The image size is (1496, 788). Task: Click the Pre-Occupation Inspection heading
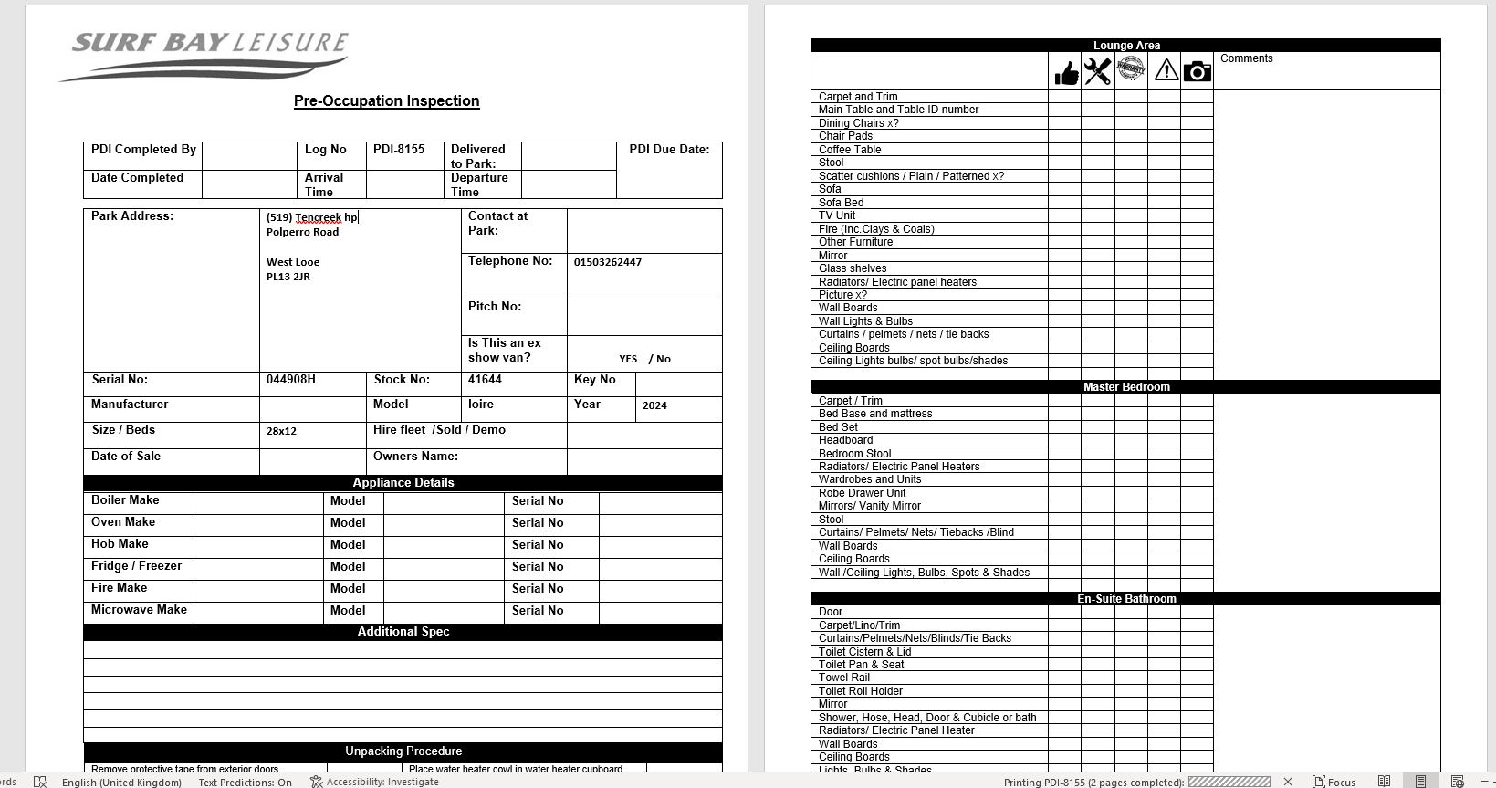(x=386, y=101)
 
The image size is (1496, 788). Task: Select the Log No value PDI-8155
(x=399, y=150)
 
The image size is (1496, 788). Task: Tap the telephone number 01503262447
(x=608, y=263)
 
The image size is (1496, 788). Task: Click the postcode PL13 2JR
(x=288, y=278)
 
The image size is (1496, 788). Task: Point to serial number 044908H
(x=291, y=380)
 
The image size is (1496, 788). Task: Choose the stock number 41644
(x=485, y=380)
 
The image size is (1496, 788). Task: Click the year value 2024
(x=654, y=405)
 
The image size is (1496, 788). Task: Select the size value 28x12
(x=281, y=431)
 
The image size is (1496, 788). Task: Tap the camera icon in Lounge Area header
(x=1197, y=71)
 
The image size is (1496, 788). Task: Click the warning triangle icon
(x=1166, y=70)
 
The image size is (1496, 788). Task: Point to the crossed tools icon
(x=1098, y=71)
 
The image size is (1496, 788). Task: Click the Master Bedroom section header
(x=1125, y=387)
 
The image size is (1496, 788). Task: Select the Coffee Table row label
(x=850, y=150)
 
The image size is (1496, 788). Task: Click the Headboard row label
(x=845, y=440)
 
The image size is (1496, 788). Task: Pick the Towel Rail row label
(x=844, y=678)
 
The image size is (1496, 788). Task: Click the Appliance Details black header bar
(x=403, y=483)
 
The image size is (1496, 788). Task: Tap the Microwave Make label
(x=139, y=610)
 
